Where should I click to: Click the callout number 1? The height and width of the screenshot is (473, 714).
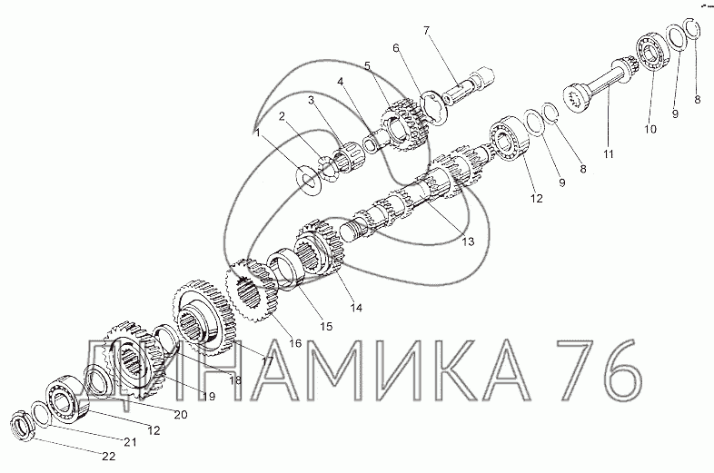click(257, 133)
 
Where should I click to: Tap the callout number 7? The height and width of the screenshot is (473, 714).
click(426, 31)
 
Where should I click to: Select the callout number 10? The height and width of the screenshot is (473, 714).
click(650, 129)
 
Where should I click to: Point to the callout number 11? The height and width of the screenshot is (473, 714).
click(609, 153)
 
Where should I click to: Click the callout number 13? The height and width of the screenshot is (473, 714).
click(468, 241)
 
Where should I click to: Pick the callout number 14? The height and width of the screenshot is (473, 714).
click(356, 308)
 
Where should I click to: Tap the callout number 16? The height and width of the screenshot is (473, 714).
click(295, 343)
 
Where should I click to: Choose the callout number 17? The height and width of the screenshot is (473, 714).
click(267, 361)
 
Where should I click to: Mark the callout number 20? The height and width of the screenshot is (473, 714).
click(180, 415)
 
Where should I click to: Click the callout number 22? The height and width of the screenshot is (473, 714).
click(108, 456)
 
